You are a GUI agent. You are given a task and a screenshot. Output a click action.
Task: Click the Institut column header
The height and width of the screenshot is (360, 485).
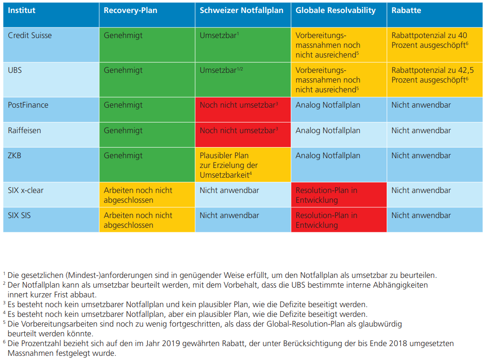[21, 11]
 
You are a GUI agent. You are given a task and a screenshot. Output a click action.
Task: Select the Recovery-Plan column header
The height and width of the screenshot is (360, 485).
[130, 11]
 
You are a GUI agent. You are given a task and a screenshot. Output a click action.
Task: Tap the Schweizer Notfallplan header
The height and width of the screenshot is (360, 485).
[242, 11]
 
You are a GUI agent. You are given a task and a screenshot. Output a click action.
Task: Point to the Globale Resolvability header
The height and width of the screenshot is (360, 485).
[336, 11]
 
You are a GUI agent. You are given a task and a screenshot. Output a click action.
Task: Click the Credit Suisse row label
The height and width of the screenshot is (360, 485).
[30, 35]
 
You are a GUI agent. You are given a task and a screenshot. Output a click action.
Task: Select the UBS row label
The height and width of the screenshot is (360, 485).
[15, 71]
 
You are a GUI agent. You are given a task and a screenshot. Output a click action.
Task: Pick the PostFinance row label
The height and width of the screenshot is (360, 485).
[28, 105]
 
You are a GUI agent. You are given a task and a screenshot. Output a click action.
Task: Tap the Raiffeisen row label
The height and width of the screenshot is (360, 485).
[24, 131]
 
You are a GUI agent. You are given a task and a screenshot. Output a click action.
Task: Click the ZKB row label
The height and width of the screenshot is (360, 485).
[14, 156]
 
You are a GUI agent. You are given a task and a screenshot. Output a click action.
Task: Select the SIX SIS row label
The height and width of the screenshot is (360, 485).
[23, 216]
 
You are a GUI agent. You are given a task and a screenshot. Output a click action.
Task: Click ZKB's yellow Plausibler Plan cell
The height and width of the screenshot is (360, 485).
[242, 165]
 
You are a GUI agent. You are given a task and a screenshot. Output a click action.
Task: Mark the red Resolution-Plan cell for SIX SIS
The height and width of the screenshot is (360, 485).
[338, 220]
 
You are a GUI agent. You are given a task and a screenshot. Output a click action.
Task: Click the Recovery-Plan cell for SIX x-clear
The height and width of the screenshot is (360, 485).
[147, 195]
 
